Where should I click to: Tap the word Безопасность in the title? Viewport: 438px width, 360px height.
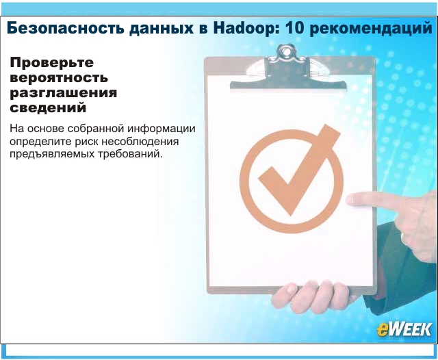click(66, 28)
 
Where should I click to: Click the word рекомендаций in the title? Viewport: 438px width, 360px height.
click(371, 29)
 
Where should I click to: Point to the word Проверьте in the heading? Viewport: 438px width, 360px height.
click(52, 63)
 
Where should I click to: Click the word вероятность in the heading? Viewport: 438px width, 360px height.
click(59, 78)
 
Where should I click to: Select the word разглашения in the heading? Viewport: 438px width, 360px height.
click(63, 93)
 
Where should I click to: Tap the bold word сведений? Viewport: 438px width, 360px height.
click(48, 108)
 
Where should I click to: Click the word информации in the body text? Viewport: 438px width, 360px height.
click(162, 129)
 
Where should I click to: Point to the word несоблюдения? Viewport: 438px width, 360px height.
click(140, 142)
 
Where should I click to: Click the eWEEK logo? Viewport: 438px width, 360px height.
click(404, 330)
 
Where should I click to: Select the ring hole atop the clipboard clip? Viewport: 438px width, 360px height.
click(285, 51)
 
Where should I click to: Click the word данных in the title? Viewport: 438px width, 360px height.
click(162, 29)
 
